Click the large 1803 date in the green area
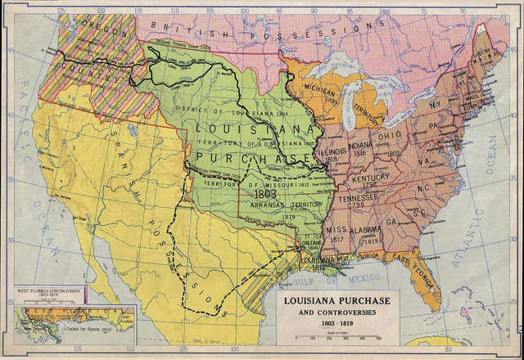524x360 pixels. point(267,196)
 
